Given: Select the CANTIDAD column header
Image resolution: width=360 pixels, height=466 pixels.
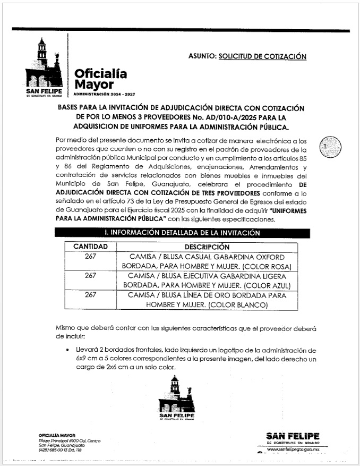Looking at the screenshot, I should (x=90, y=247).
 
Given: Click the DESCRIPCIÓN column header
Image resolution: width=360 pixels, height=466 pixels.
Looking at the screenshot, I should (x=207, y=247).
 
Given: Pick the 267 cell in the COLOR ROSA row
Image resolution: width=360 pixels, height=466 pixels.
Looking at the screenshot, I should (x=90, y=257).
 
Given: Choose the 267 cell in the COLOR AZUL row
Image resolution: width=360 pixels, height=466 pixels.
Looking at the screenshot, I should (x=90, y=276).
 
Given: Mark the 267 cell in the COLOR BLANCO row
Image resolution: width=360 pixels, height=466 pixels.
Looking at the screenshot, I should (x=90, y=294).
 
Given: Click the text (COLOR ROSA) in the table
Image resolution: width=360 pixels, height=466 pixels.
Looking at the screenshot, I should (x=268, y=266).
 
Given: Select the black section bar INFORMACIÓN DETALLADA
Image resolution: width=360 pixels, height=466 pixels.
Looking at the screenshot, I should (x=175, y=233).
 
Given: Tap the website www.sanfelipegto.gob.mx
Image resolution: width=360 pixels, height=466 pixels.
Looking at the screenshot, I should (x=293, y=450).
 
